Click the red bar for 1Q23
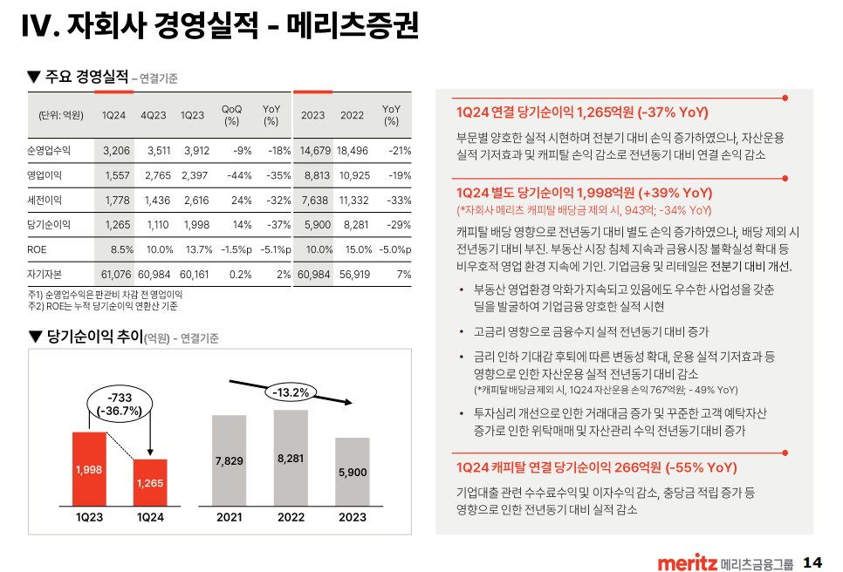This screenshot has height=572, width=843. pos(89,468)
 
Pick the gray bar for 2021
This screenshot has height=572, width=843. pos(229,460)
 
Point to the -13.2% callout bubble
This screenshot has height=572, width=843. pos(291,392)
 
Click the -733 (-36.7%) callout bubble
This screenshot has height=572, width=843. pos(119,405)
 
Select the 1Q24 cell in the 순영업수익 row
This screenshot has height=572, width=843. pos(116,150)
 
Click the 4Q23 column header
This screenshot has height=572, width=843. pos(154,115)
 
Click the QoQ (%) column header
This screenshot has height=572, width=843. pos(231,115)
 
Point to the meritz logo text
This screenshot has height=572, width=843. pos(688,562)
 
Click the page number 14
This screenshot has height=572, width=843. pos(812,562)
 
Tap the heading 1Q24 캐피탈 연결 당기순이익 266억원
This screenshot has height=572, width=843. pos(596,467)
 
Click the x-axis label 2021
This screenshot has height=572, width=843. pos(229,517)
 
